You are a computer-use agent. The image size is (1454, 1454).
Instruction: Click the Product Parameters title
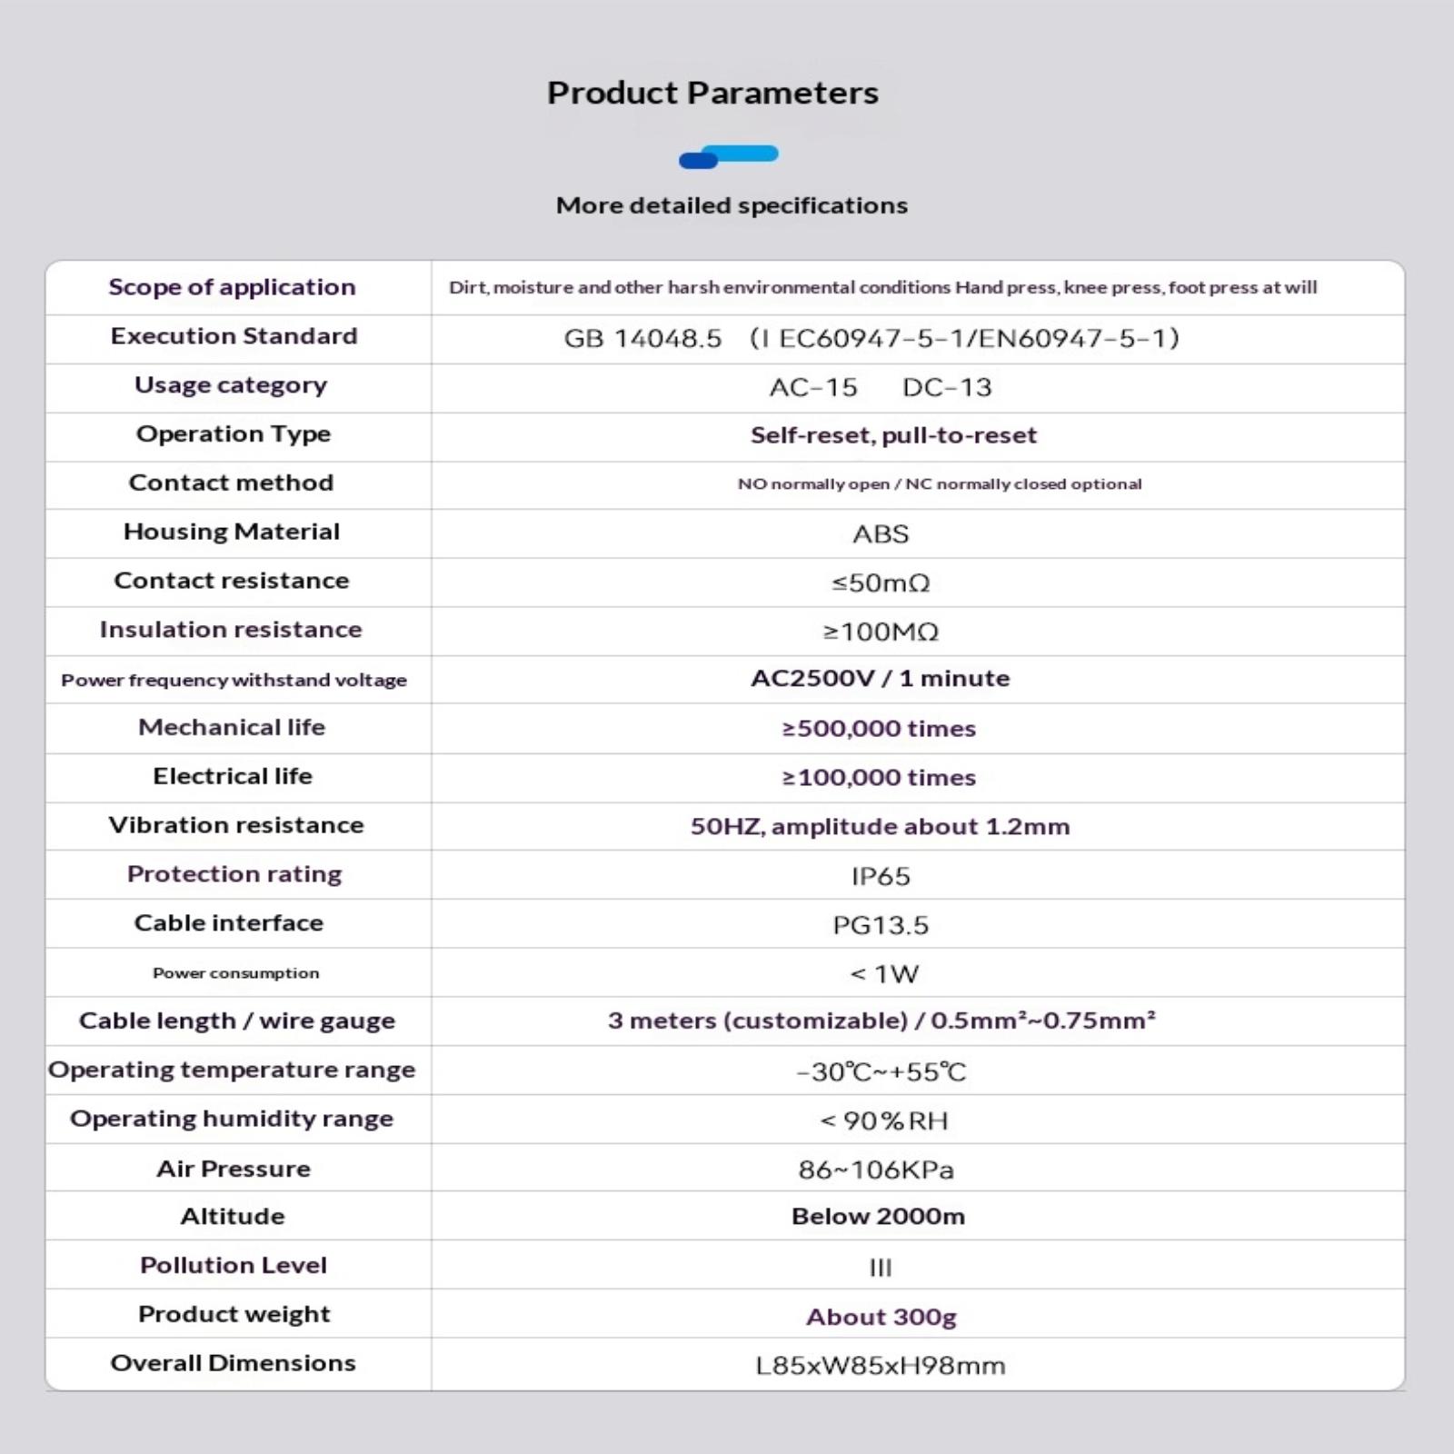712,93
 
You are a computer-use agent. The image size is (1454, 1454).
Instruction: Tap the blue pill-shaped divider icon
729,157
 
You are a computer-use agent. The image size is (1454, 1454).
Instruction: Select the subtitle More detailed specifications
732,205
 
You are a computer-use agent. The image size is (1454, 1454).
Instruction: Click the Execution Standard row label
234,336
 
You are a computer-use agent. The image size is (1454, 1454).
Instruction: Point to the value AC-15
813,387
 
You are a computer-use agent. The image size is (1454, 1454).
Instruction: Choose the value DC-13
947,387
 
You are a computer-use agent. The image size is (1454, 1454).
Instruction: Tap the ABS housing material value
881,533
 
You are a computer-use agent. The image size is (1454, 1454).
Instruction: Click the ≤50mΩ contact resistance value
881,583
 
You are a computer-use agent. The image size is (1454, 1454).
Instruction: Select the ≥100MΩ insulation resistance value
881,632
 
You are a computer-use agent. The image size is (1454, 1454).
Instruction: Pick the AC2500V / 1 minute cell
880,679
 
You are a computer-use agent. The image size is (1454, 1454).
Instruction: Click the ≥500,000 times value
879,729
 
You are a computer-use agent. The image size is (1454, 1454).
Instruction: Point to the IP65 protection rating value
881,876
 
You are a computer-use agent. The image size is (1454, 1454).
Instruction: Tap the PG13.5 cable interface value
881,925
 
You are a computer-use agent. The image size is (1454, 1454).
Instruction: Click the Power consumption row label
235,973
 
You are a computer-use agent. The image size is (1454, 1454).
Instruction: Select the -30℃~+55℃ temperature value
881,1072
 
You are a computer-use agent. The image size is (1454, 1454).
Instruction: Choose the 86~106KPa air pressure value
876,1170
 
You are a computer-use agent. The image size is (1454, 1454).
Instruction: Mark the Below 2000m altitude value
878,1217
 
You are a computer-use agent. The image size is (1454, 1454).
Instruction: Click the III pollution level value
881,1267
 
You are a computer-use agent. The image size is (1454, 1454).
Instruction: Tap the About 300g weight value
881,1317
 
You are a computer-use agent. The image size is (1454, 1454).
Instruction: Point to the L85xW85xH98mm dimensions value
881,1366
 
